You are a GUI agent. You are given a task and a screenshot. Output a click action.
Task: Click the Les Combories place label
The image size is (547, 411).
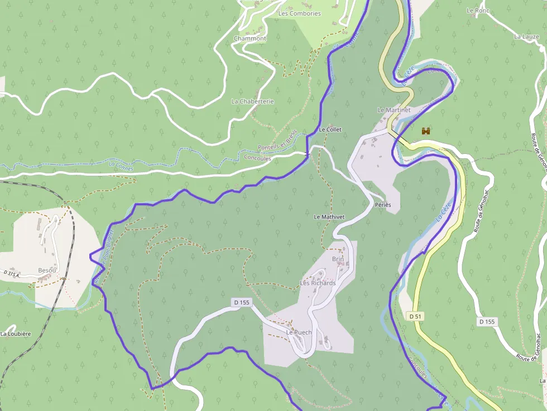299,13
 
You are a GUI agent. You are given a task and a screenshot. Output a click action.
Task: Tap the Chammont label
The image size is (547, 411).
249,38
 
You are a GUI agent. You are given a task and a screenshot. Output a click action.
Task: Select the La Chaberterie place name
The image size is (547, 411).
252,101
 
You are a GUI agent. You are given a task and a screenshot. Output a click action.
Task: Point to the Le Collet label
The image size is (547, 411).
330,129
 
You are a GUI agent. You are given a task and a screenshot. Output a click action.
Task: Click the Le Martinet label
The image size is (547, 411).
394,110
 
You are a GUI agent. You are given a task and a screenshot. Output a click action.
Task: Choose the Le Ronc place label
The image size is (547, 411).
477,11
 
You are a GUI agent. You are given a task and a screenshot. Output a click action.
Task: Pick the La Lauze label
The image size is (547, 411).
526,37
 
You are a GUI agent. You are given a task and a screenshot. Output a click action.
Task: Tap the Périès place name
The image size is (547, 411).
383,205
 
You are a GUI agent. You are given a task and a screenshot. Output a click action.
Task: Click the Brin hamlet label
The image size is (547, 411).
338,259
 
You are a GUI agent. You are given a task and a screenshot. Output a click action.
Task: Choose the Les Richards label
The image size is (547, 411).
318,283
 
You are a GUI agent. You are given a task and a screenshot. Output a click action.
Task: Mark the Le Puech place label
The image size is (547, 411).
299,332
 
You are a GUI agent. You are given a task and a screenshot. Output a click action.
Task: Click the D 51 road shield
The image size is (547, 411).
415,316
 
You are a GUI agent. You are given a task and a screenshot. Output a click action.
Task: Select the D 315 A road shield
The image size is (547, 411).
11,274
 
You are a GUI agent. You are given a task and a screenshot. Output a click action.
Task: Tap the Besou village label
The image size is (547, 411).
47,270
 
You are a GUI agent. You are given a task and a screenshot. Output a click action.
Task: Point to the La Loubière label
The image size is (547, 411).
15,334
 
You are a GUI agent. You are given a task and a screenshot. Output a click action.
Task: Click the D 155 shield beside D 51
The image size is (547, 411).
487,322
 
